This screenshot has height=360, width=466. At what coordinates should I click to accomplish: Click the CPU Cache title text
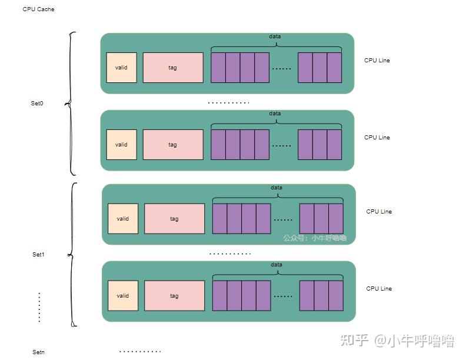38,9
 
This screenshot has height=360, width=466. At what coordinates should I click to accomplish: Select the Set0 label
37,104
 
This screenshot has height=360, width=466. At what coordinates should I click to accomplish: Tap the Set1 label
38,255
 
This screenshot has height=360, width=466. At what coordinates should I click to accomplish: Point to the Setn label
38,352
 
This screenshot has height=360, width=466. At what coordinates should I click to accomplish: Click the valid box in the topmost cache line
121,68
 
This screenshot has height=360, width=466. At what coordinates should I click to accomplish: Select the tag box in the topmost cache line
172,68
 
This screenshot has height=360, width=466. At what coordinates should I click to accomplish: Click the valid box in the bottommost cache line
123,296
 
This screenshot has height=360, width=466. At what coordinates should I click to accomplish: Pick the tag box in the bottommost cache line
174,296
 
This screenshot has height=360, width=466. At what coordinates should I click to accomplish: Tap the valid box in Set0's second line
121,145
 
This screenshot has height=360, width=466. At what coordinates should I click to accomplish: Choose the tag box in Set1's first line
174,219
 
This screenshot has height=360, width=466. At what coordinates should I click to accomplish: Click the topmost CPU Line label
377,61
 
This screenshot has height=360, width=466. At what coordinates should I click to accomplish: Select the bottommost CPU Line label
379,289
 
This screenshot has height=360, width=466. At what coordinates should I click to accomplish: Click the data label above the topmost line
275,36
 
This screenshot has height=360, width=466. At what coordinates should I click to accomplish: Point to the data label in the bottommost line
277,265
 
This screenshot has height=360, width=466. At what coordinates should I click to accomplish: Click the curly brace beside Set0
71,104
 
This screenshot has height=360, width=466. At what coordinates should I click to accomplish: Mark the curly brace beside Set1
72,254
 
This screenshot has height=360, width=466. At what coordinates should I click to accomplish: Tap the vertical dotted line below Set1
39,307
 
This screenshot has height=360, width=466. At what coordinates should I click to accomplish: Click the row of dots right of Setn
140,352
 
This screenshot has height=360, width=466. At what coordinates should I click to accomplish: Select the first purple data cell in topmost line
218,68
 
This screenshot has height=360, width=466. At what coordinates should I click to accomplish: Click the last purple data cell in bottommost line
336,296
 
